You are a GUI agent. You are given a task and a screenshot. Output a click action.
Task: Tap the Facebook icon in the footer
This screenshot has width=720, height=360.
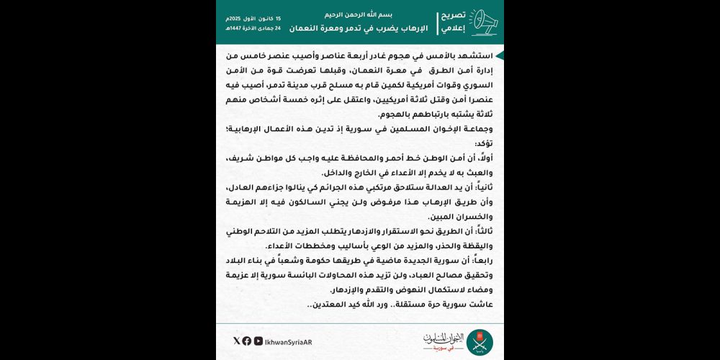[x=247, y=341]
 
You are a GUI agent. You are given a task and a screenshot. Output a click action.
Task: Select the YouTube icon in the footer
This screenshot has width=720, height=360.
[x=258, y=341]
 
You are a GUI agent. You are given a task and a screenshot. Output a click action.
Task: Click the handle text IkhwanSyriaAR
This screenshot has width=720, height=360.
[x=288, y=341]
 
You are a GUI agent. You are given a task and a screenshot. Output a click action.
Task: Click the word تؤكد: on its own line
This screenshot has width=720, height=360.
[x=484, y=144]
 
